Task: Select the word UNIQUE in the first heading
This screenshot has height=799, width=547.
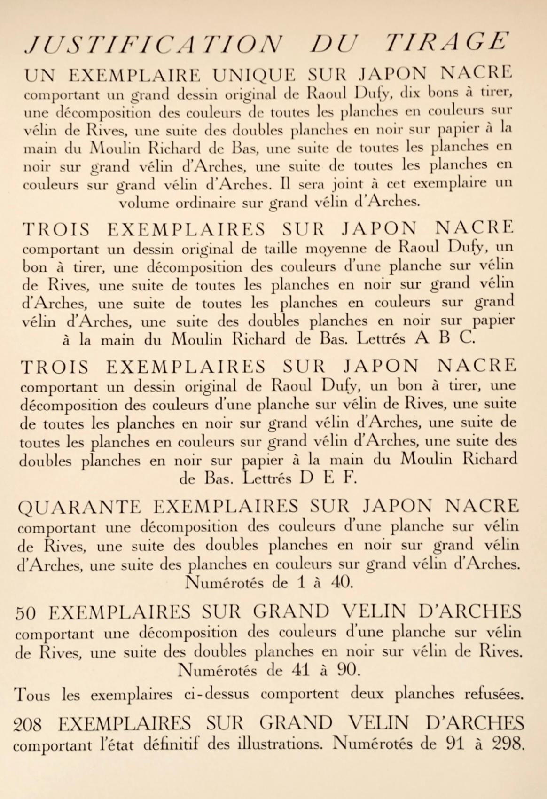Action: coord(249,74)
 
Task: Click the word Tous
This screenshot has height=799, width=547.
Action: coord(32,694)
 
